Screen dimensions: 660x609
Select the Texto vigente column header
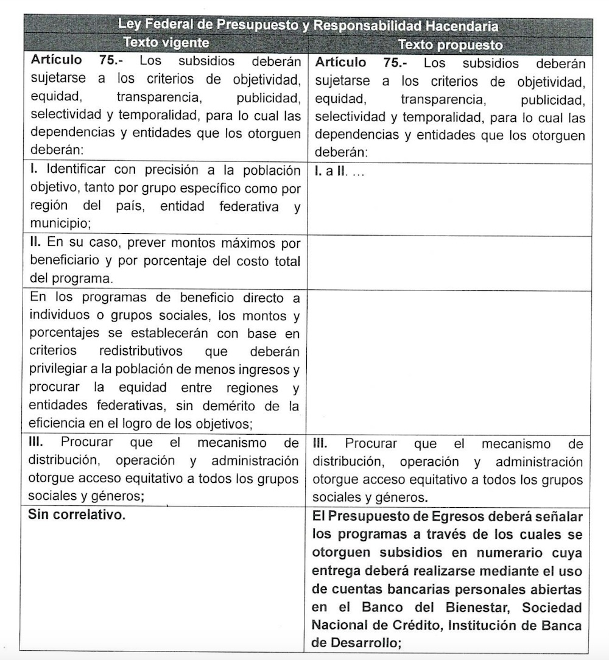click(x=166, y=43)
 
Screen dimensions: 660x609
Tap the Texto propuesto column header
click(x=450, y=45)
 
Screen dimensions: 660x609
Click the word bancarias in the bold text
click(x=435, y=590)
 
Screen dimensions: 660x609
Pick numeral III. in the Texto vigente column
click(x=38, y=443)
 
